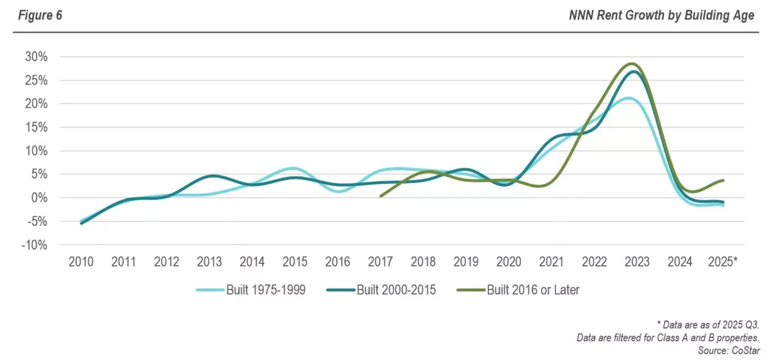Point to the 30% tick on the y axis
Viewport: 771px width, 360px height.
(37, 56)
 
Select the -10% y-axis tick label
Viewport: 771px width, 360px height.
(35, 245)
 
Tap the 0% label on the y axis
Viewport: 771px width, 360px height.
(40, 197)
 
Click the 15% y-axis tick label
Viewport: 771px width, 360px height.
(37, 127)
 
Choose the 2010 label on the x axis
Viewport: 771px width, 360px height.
(81, 261)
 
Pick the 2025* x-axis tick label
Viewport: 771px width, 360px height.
(723, 261)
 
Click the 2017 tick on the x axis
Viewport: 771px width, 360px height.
(380, 261)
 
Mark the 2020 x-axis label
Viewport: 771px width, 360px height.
(508, 261)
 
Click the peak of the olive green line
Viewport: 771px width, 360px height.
(632, 64)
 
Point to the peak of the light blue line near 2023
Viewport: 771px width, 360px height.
(628, 98)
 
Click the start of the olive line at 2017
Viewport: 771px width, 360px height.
(381, 196)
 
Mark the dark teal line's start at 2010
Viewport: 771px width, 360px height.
(81, 223)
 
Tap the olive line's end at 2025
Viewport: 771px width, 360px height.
(724, 180)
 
